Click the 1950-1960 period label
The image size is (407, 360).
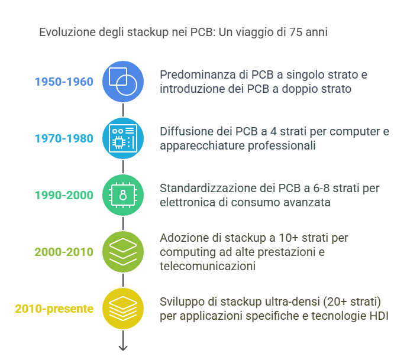click(x=64, y=82)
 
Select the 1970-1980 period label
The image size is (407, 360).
click(x=64, y=138)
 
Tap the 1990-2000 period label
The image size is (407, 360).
click(x=64, y=195)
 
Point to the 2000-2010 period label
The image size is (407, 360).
click(x=64, y=252)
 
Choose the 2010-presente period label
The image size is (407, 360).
click(x=54, y=309)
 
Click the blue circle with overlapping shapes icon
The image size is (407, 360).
click(x=123, y=82)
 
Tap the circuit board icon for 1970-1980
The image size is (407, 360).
click(x=123, y=138)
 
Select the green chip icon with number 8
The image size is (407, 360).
click(x=123, y=195)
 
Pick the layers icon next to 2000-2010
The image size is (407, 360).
click(x=123, y=252)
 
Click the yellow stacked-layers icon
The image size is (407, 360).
click(x=123, y=309)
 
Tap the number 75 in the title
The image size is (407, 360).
click(x=296, y=32)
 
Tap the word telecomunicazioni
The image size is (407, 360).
click(x=208, y=266)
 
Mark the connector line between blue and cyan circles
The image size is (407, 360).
click(x=123, y=110)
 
